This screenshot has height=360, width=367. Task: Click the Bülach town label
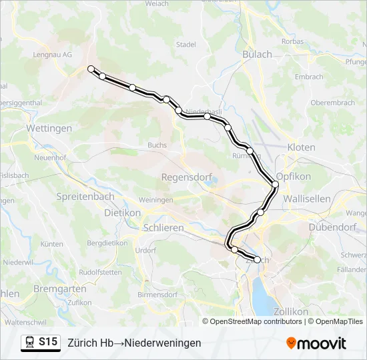(x=258, y=55)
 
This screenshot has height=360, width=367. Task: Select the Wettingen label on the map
(x=49, y=128)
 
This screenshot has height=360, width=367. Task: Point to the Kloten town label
(x=301, y=147)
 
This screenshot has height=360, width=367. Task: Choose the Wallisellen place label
(x=308, y=199)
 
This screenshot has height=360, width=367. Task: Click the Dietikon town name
(x=123, y=213)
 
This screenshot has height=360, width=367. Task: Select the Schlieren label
(x=163, y=228)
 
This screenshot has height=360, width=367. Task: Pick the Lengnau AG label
(x=56, y=56)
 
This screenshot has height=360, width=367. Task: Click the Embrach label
(x=309, y=77)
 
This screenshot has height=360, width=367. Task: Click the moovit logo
(x=316, y=343)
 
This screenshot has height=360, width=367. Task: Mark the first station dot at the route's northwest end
(x=91, y=69)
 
